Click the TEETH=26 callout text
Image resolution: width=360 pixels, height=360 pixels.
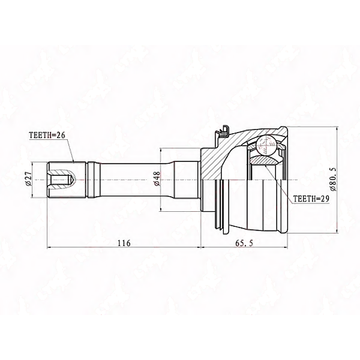[x=47, y=135]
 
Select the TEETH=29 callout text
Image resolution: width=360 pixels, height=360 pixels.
[x=311, y=199]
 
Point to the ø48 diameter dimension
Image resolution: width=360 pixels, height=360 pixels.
[x=157, y=179]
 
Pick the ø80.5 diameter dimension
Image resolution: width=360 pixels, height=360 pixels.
[x=334, y=179]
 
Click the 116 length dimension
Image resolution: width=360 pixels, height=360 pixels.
[x=124, y=243]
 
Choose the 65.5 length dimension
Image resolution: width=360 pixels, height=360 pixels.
[x=244, y=243]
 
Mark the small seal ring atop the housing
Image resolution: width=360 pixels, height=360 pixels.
[x=223, y=133]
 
